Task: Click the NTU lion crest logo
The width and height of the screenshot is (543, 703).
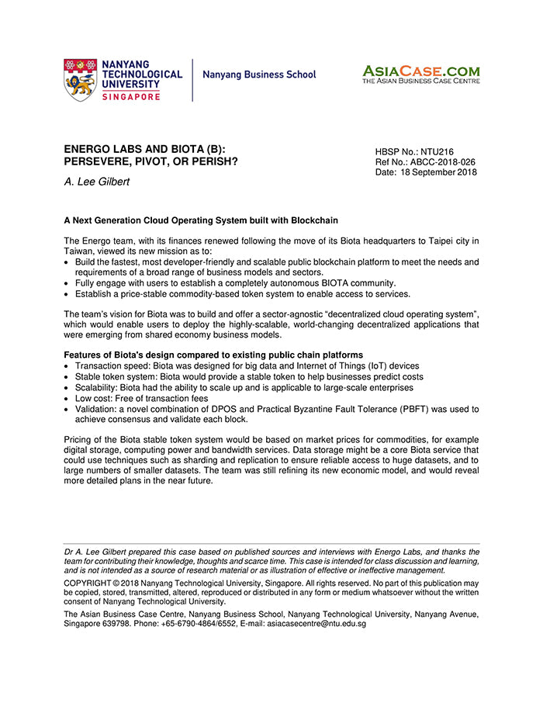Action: (81, 79)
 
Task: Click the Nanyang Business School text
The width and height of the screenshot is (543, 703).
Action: (259, 75)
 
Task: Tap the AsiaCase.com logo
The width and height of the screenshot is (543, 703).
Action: (420, 74)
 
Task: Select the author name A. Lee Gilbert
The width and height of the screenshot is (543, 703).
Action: (97, 182)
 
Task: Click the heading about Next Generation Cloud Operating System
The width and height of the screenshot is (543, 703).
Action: (201, 220)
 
